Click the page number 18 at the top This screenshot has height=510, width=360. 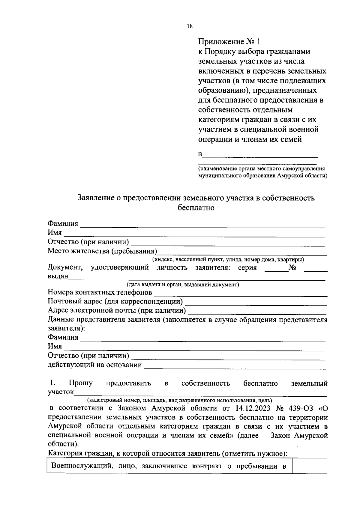coord(189,26)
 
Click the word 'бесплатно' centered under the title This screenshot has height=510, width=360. coord(196,207)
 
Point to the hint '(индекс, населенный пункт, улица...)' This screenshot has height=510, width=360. coord(228,259)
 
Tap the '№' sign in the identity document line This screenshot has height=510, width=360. coord(292,268)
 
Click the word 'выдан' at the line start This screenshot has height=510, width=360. coord(58,276)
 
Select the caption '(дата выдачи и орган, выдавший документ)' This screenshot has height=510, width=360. coord(182,285)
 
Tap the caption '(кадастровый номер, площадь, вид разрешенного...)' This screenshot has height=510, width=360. coord(180,400)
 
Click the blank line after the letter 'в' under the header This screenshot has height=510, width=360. coord(260,155)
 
